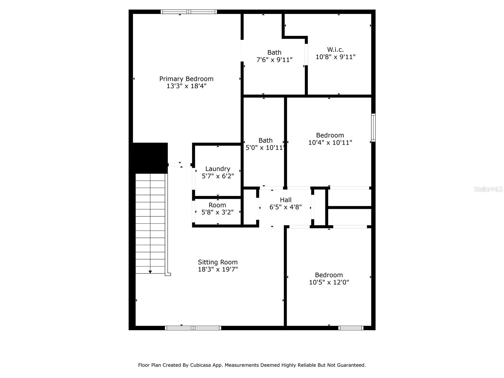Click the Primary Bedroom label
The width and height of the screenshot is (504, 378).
186,79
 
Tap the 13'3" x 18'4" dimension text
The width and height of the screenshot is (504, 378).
186,86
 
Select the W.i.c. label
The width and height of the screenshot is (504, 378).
335,49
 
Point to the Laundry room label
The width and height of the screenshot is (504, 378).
218,169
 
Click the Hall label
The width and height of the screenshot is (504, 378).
286,200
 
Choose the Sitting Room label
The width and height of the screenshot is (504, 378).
218,262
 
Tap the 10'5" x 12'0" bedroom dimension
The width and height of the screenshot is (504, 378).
329,282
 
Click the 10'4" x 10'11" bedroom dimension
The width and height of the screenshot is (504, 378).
330,142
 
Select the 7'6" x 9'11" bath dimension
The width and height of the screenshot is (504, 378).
274,60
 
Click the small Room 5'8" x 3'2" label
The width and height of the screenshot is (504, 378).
217,209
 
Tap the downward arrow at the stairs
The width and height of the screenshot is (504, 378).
150,272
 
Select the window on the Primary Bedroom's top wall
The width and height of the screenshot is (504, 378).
189,12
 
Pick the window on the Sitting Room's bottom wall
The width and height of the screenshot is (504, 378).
193,328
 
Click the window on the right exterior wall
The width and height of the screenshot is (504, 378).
373,128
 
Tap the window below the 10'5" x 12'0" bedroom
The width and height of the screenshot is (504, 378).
351,328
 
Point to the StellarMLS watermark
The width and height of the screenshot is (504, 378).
488,189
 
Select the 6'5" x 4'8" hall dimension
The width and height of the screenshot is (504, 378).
285,207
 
